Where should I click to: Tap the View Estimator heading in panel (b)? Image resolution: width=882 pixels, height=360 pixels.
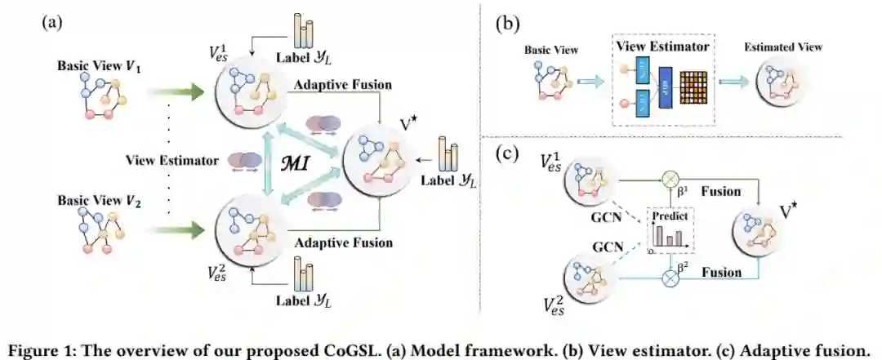click(662, 47)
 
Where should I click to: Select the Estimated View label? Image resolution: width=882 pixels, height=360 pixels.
click(782, 47)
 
